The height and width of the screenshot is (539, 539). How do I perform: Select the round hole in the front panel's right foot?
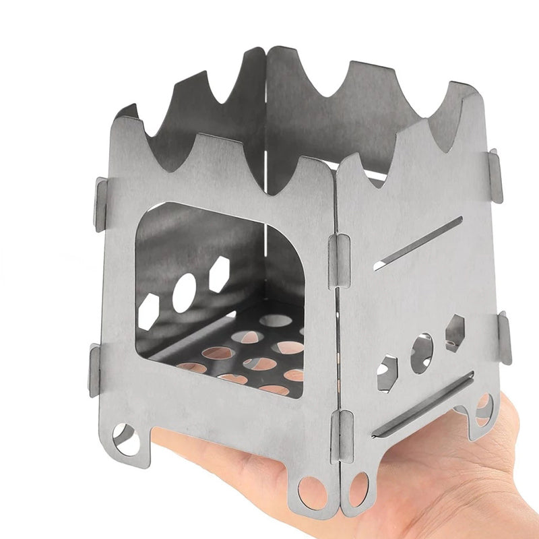tap(311, 491)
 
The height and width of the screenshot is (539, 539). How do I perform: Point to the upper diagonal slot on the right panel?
tap(418, 243)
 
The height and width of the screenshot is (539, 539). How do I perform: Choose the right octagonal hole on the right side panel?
tap(455, 332)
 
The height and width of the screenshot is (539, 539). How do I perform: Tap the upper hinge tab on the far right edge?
tap(496, 176)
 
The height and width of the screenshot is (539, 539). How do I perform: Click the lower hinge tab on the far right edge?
tap(503, 338)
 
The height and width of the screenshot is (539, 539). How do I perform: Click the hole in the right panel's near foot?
tap(358, 490)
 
